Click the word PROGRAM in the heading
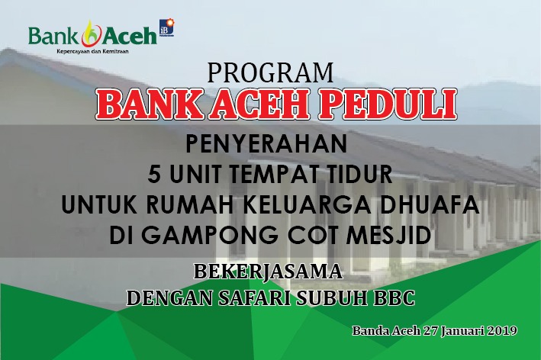coord(270,72)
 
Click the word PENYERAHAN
coord(266,144)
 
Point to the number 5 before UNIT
coord(154,174)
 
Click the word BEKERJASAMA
coord(268,272)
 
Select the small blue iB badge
coord(167,27)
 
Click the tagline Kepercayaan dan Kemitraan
coord(92,52)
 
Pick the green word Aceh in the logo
coord(130,36)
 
